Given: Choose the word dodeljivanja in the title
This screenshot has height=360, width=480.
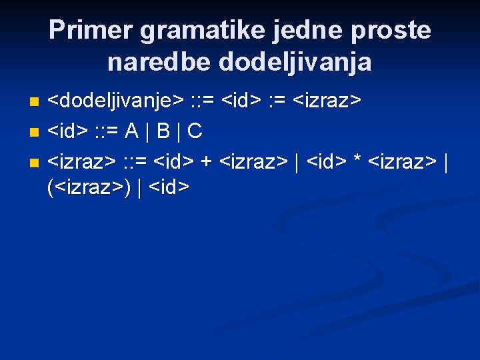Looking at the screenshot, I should [x=291, y=63].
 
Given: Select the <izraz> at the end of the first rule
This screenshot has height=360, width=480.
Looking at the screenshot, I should [x=328, y=102].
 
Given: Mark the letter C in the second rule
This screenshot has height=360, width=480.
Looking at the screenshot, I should [x=195, y=131].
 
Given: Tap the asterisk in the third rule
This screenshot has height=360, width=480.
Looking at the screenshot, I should [x=358, y=161].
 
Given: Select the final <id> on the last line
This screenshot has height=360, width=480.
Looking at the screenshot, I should [x=171, y=189].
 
